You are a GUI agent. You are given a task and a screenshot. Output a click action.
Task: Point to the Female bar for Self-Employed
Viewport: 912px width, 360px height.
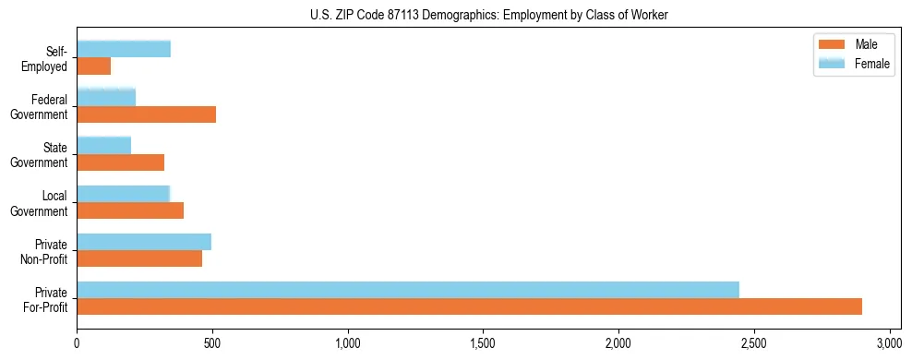click(x=124, y=49)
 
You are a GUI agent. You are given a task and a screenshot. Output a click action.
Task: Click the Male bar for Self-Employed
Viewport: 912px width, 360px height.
click(x=94, y=66)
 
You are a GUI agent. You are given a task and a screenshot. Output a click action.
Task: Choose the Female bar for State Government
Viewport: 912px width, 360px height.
click(x=104, y=145)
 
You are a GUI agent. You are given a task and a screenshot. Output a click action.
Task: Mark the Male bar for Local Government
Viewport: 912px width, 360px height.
click(x=130, y=210)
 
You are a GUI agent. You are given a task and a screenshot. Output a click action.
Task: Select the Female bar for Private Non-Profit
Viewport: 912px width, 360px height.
click(x=144, y=242)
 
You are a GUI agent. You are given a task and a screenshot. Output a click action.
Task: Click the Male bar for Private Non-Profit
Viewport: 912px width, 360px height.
click(x=139, y=258)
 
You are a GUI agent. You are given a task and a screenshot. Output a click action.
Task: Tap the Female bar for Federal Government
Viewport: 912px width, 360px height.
click(x=106, y=97)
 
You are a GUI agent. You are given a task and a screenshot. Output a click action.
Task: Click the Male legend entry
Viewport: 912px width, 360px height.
click(x=850, y=44)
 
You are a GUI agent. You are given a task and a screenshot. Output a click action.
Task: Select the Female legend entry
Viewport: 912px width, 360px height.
click(x=850, y=63)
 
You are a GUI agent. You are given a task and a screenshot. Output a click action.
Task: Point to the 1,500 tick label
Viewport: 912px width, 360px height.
click(x=483, y=343)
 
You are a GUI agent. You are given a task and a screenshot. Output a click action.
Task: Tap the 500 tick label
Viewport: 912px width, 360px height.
click(x=212, y=343)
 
